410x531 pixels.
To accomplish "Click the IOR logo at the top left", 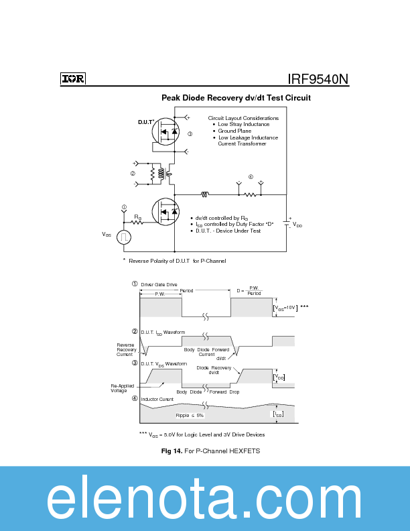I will click(73, 78).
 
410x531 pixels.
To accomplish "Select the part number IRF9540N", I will click(318, 78).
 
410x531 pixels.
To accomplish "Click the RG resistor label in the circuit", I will click(137, 217).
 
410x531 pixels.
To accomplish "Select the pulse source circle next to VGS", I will click(124, 237).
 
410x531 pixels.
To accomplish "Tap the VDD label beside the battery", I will click(297, 225).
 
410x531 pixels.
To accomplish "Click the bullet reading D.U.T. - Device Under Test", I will click(228, 231).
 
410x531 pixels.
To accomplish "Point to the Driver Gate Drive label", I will click(159, 284).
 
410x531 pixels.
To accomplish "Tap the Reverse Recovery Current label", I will click(125, 349).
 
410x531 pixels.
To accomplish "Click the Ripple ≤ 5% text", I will click(190, 416).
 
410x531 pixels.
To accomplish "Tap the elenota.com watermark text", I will click(204, 499).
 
